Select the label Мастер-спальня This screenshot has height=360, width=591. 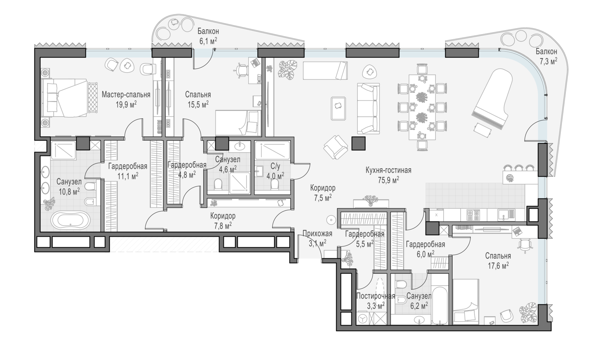click(126, 95)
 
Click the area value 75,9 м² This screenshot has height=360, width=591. click(388, 180)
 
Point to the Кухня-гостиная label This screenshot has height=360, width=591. click(388, 171)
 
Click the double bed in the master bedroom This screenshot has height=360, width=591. click(65, 98)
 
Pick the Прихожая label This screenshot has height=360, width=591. click(318, 234)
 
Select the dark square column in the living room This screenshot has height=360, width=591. click(359, 143)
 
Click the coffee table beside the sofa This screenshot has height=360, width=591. click(338, 108)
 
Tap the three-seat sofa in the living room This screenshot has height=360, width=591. click(368, 109)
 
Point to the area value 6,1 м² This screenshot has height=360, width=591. click(208, 41)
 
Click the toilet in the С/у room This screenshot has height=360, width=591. click(275, 184)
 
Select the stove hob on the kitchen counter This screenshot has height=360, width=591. click(473, 215)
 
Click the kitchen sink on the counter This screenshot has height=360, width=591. click(506, 215)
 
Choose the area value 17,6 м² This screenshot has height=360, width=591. click(498, 265)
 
